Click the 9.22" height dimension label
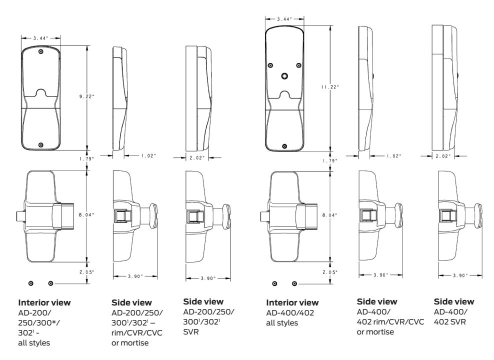click(x=86, y=96)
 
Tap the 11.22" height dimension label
click(x=330, y=87)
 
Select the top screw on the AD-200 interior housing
click(x=40, y=51)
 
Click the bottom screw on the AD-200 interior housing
click(x=40, y=145)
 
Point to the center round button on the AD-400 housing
click(x=284, y=76)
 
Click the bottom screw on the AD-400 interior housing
click(x=284, y=146)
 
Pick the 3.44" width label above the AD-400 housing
click(x=284, y=19)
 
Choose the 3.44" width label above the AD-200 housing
click(x=40, y=38)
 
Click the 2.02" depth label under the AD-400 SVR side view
click(x=443, y=156)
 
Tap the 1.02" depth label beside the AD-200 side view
click(x=148, y=155)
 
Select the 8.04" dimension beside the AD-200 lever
click(x=86, y=215)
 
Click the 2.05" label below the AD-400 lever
click(x=330, y=272)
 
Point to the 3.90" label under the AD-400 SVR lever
click(x=460, y=275)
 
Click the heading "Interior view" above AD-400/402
click(x=292, y=302)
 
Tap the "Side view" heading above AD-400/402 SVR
click(x=454, y=301)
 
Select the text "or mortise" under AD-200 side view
click(x=130, y=342)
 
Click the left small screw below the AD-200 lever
click(x=31, y=283)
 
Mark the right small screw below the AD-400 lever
click(x=294, y=284)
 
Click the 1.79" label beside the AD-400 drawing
click(x=330, y=160)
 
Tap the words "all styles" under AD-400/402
click(x=282, y=323)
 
